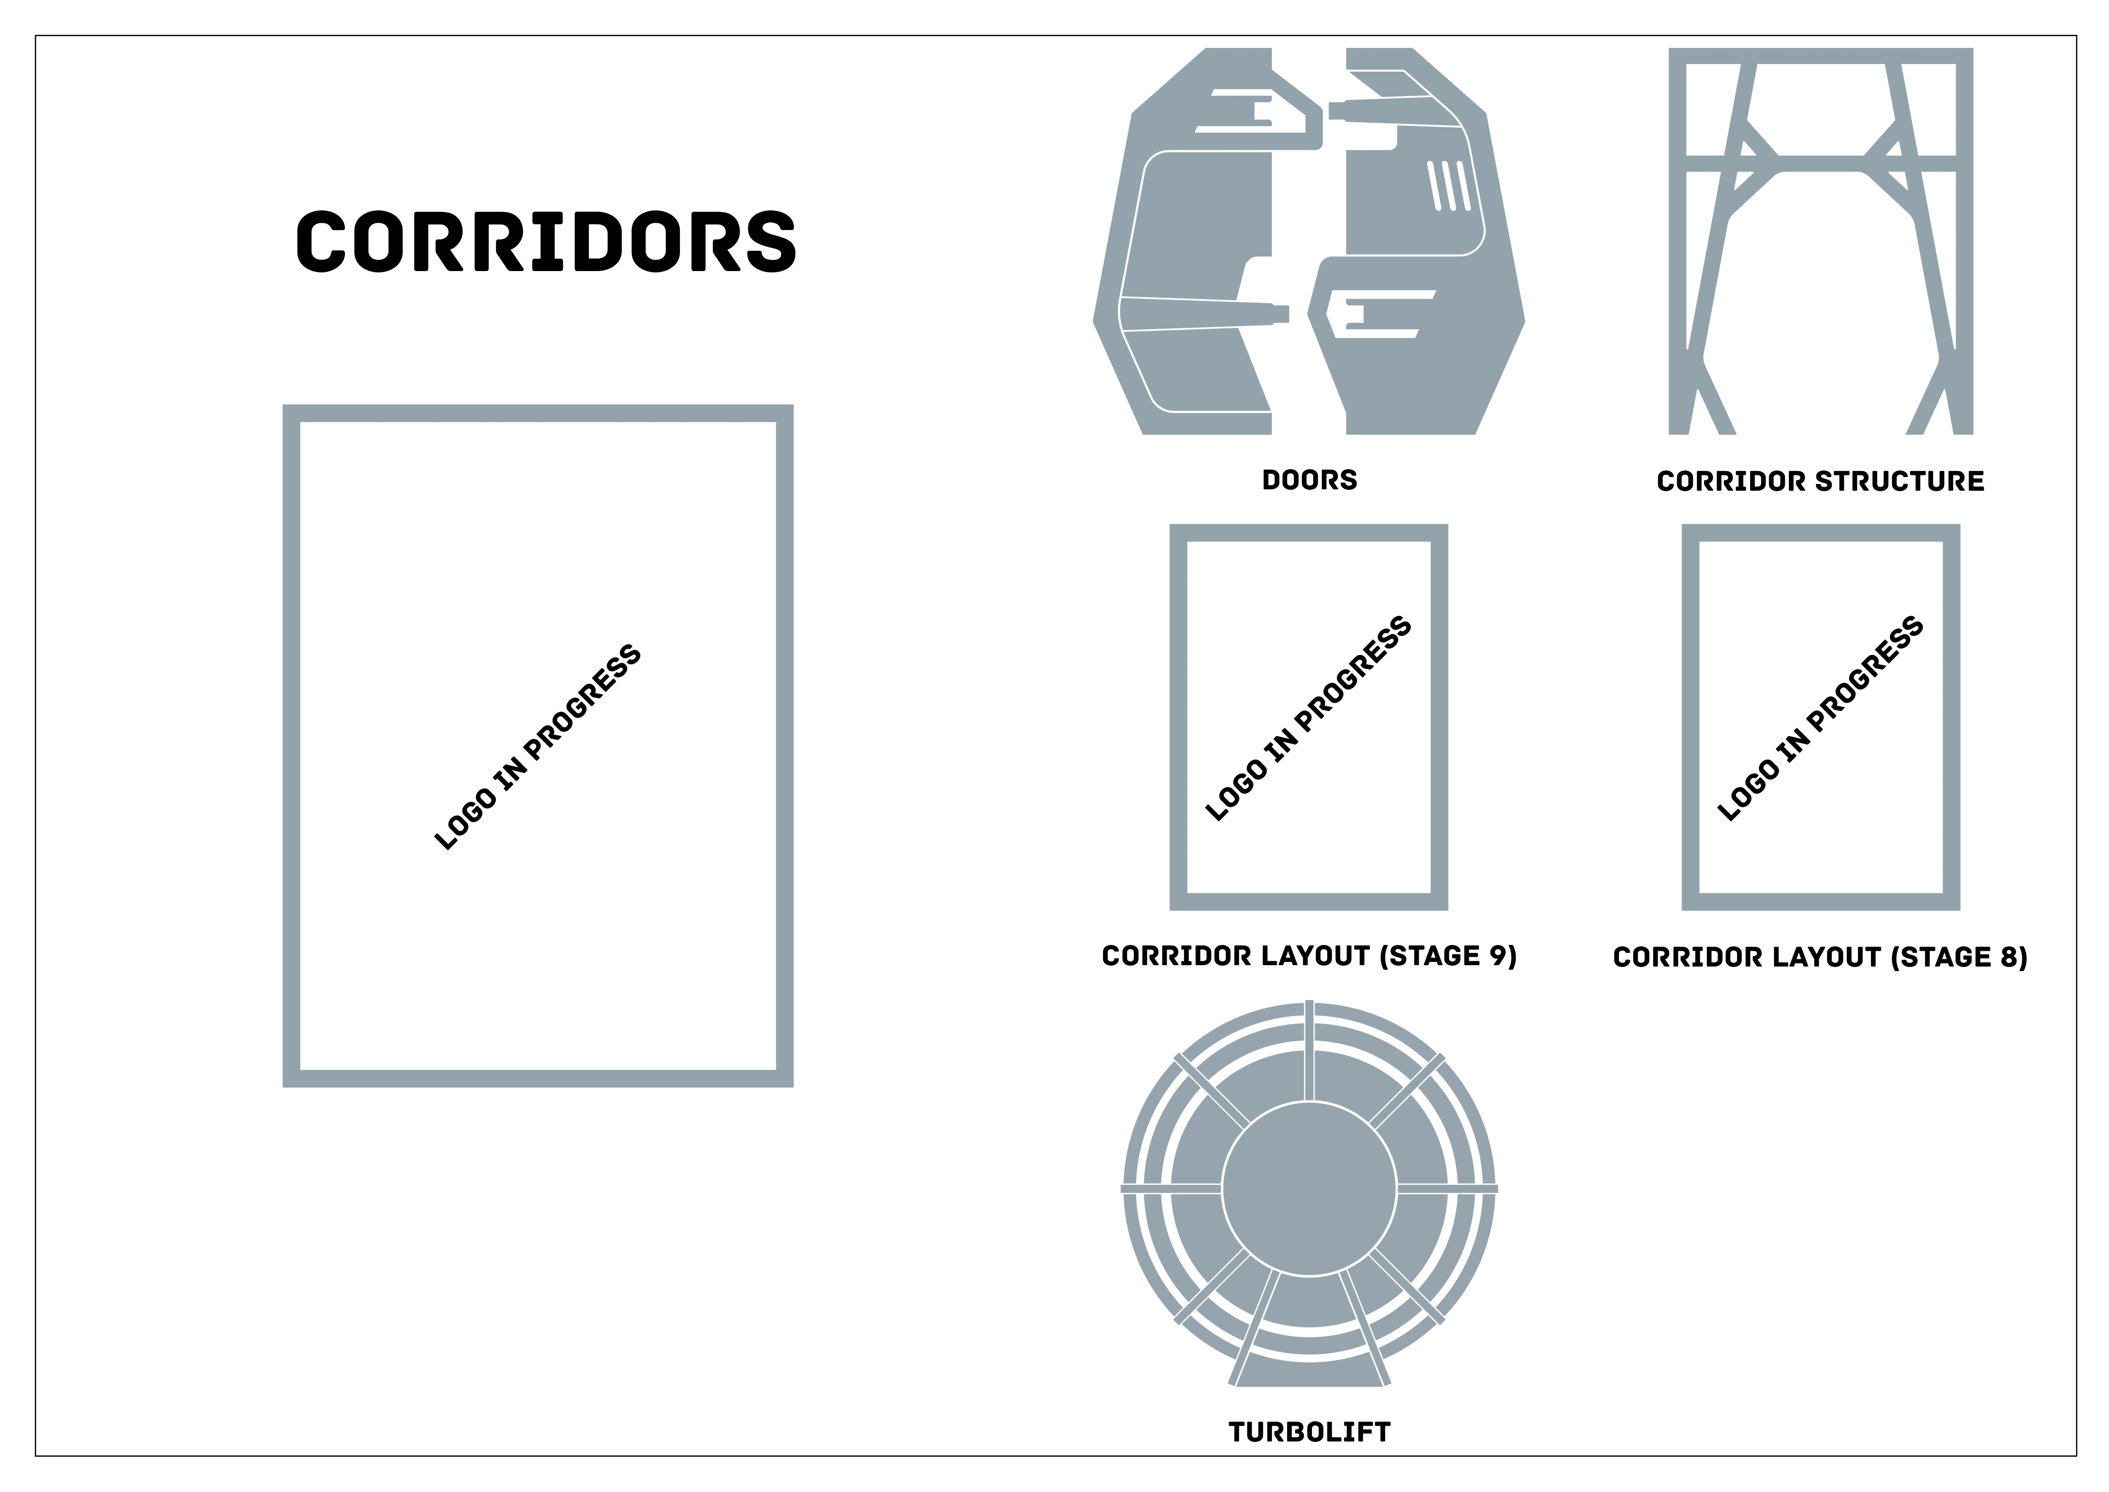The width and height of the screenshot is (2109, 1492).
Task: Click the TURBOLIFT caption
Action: pyautogui.click(x=1309, y=1432)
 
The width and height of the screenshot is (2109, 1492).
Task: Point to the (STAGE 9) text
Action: pyautogui.click(x=1448, y=956)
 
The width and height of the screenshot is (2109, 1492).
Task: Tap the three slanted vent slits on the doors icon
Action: pyautogui.click(x=1449, y=185)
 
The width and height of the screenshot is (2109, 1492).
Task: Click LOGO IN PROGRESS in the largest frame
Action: pyautogui.click(x=537, y=747)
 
